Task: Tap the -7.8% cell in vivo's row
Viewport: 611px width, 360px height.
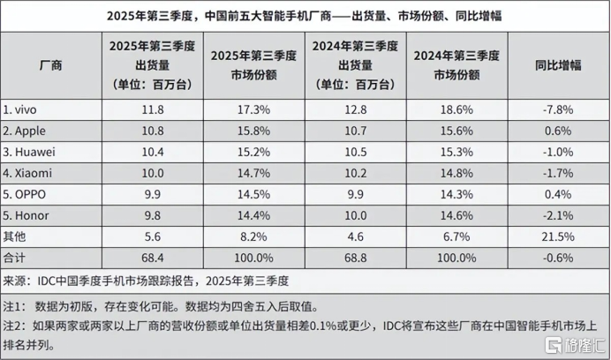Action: (559, 109)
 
